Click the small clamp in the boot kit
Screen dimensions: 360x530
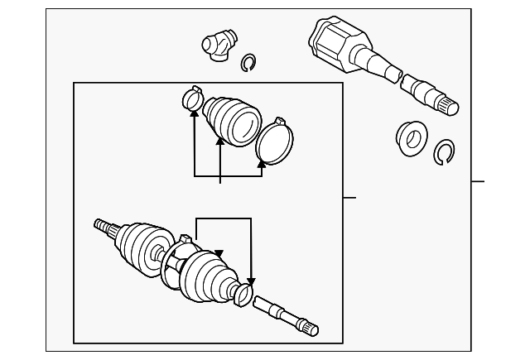pos(192,99)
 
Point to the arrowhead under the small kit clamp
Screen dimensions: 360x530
pos(194,115)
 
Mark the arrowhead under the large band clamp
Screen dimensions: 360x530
pos(261,164)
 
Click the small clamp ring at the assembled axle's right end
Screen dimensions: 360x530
pos(243,294)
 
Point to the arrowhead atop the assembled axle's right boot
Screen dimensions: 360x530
pos(219,253)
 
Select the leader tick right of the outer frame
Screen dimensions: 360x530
pos(478,181)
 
